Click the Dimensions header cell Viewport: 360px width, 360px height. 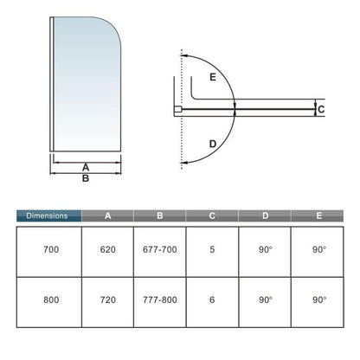coord(48,215)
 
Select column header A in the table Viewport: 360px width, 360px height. coord(107,215)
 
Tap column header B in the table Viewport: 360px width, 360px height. coord(160,215)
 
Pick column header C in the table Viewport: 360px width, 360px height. coord(212,215)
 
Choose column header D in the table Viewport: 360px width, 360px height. coord(265,215)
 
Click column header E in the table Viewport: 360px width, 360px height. coord(318,215)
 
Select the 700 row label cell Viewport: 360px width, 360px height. coord(49,252)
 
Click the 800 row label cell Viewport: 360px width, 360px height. coord(49,302)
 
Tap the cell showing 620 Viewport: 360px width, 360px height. coord(107,252)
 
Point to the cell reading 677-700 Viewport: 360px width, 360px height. coord(160,252)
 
